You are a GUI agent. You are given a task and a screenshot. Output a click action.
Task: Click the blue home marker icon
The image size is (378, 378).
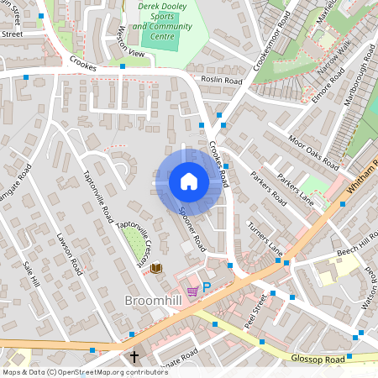(x=189, y=181)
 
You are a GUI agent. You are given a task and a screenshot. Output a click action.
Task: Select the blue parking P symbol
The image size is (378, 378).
(x=206, y=287)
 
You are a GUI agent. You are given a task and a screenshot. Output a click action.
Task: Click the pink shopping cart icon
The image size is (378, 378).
(x=192, y=291)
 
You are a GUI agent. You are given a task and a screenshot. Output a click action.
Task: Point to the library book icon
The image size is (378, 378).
(x=156, y=268)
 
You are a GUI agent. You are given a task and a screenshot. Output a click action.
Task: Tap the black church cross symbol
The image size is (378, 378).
(x=134, y=357)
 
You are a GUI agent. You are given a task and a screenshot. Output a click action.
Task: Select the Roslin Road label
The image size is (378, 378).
(x=222, y=81)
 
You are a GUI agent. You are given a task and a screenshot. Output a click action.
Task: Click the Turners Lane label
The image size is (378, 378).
(x=265, y=239)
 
